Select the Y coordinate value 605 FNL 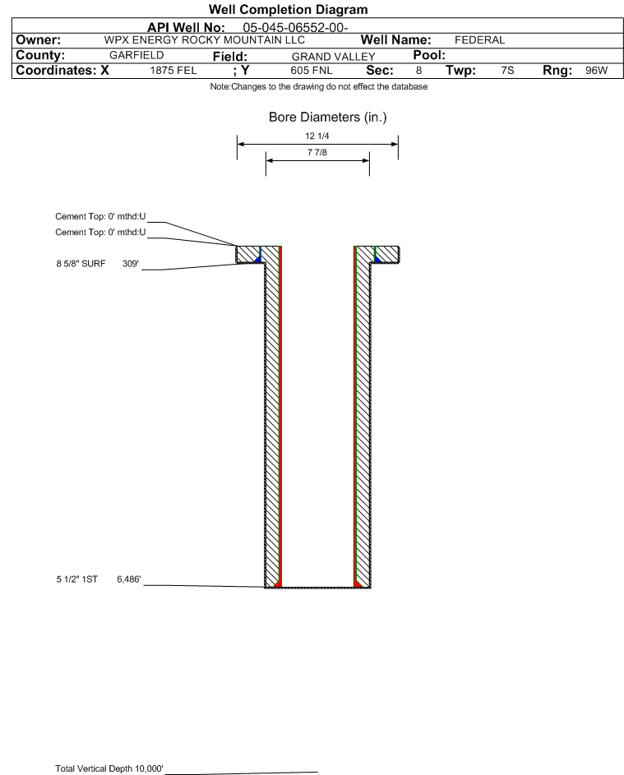[311, 72]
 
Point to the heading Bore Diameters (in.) [327, 118]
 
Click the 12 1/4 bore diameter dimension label [317, 136]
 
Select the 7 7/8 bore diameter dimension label [317, 153]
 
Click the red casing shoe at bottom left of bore [278, 584]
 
